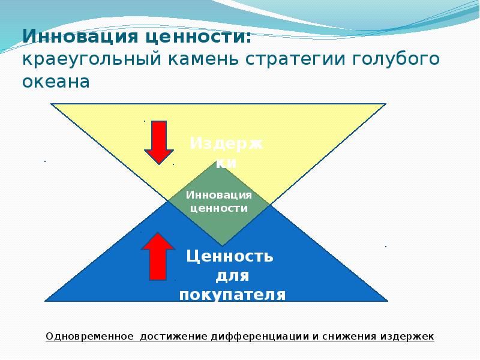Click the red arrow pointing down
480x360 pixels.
coord(159,142)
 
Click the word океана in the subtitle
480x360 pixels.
coord(56,82)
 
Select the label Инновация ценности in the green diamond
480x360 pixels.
coord(218,202)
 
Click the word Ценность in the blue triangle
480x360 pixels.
coord(230,257)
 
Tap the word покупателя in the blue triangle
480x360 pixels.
coord(232,295)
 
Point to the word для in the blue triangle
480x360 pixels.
coord(232,276)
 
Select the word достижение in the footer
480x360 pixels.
coord(175,336)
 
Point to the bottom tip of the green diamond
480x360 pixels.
coord(222,245)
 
